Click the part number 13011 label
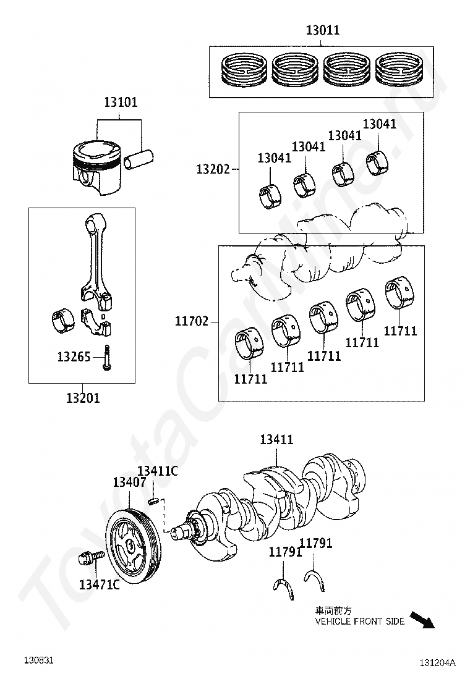323,30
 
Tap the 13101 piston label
121,102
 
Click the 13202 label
213,169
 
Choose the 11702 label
192,321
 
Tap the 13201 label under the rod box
83,398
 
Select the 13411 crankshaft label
276,439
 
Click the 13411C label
158,471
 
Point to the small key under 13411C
153,501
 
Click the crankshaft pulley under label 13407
134,546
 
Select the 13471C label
99,584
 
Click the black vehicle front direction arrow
422,620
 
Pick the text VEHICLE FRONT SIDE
359,622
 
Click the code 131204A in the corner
437,662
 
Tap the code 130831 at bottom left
38,660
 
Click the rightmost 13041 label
380,124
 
